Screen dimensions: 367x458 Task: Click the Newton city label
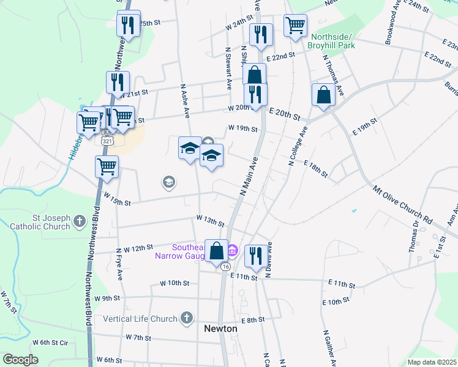point(220,328)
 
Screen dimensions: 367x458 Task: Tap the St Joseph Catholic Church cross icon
point(80,221)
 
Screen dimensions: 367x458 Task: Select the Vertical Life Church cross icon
point(187,318)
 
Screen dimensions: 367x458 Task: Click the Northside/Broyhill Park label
point(332,41)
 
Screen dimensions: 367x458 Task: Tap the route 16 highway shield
point(226,267)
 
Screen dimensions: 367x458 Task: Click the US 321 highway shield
point(108,140)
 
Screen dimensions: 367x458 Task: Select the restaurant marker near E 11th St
point(254,255)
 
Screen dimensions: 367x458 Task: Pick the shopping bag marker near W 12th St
point(217,250)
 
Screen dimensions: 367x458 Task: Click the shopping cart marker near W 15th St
point(107,166)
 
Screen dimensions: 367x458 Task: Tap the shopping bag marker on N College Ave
point(323,95)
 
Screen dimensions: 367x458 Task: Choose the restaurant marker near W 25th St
point(128,24)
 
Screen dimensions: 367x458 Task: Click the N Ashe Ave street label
point(186,100)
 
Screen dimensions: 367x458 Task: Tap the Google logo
point(20,360)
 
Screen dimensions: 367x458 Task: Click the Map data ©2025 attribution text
point(431,362)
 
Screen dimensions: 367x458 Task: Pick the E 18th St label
point(316,170)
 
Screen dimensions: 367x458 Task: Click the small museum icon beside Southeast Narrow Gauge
point(233,250)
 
